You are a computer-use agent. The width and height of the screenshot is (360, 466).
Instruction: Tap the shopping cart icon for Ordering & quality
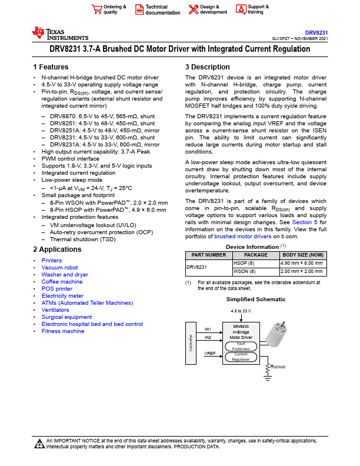coord(96,9)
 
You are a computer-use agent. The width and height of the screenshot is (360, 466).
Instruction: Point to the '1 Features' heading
coord(51,67)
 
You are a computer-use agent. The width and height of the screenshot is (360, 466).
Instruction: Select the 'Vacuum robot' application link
coord(59,268)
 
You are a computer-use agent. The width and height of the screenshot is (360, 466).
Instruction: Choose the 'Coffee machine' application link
coord(62,282)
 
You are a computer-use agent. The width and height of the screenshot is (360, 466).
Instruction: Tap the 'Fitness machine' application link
coord(63,331)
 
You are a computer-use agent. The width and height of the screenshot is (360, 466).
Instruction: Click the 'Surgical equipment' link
coord(66,317)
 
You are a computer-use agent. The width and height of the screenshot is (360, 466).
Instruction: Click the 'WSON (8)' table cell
coord(245,271)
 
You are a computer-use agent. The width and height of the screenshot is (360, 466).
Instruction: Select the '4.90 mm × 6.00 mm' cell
coord(302,264)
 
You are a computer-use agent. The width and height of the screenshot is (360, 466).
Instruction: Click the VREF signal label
coord(209,353)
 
